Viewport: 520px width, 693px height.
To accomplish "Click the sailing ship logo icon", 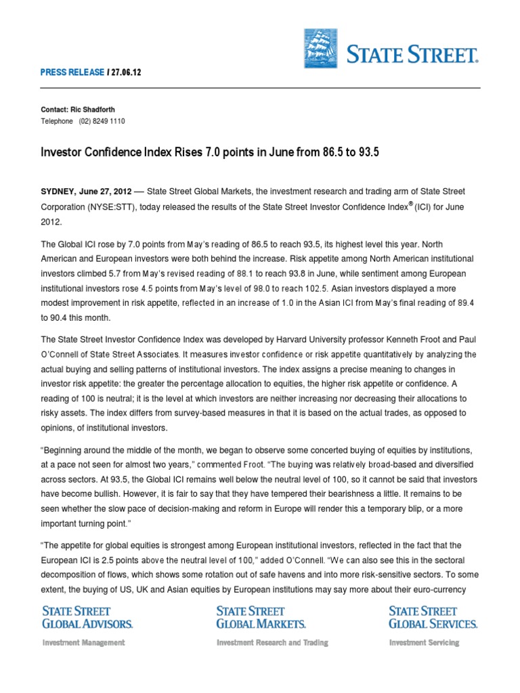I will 322,49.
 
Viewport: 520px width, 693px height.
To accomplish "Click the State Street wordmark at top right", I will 413,53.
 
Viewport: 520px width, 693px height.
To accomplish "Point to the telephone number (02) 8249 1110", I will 102,121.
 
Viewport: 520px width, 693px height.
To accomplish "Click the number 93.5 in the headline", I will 366,153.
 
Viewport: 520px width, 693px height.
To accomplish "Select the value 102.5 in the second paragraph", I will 283,288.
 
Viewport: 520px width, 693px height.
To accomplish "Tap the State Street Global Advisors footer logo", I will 88,617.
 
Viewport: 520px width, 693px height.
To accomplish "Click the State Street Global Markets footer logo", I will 261,617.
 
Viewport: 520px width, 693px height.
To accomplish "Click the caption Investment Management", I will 83,642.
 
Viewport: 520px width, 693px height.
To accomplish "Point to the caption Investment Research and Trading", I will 272,642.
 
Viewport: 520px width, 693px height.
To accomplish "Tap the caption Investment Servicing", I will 424,642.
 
